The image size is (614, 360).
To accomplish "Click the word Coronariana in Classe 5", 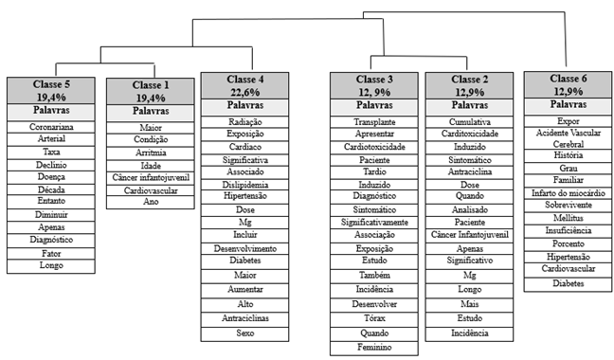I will pyautogui.click(x=52, y=126).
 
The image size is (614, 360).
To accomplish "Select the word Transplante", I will pyautogui.click(x=375, y=123).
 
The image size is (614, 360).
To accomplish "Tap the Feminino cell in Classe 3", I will pyautogui.click(x=375, y=348).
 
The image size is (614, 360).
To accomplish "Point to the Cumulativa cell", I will pyautogui.click(x=470, y=122).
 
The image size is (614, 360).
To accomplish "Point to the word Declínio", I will pyautogui.click(x=52, y=165).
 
